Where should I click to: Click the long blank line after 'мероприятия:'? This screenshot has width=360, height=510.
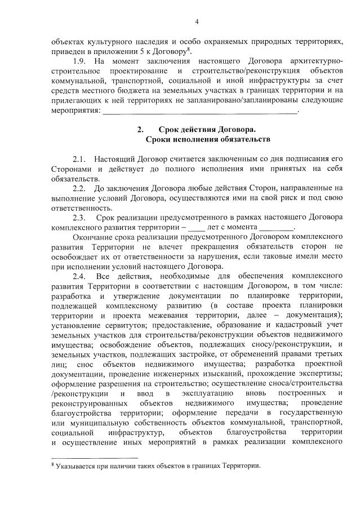point(201,110)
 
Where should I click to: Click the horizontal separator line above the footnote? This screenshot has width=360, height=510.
point(94,457)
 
